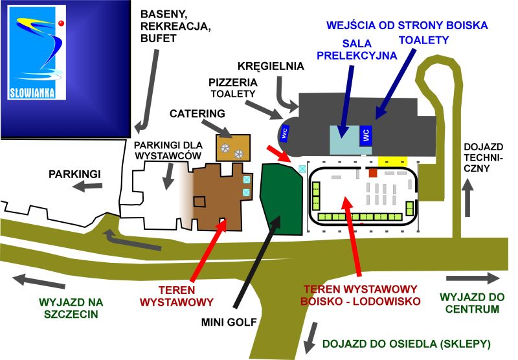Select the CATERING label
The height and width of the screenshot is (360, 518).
(x=197, y=114)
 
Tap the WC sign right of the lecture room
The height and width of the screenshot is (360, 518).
(x=366, y=135)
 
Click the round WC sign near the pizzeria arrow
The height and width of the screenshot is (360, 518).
(x=284, y=133)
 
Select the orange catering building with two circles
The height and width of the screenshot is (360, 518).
(x=232, y=148)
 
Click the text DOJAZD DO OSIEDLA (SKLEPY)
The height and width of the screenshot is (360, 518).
(x=407, y=343)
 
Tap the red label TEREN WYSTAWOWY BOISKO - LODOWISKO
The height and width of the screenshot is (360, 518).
(x=361, y=295)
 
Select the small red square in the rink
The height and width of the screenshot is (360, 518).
(x=372, y=173)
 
